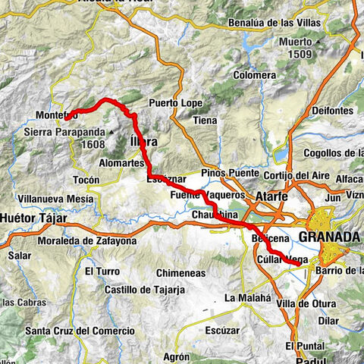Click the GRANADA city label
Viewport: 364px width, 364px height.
point(329,237)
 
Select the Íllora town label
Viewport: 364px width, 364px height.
point(144,141)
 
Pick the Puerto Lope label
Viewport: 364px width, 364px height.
point(174,102)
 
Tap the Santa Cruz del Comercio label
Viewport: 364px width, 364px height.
point(80,331)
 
